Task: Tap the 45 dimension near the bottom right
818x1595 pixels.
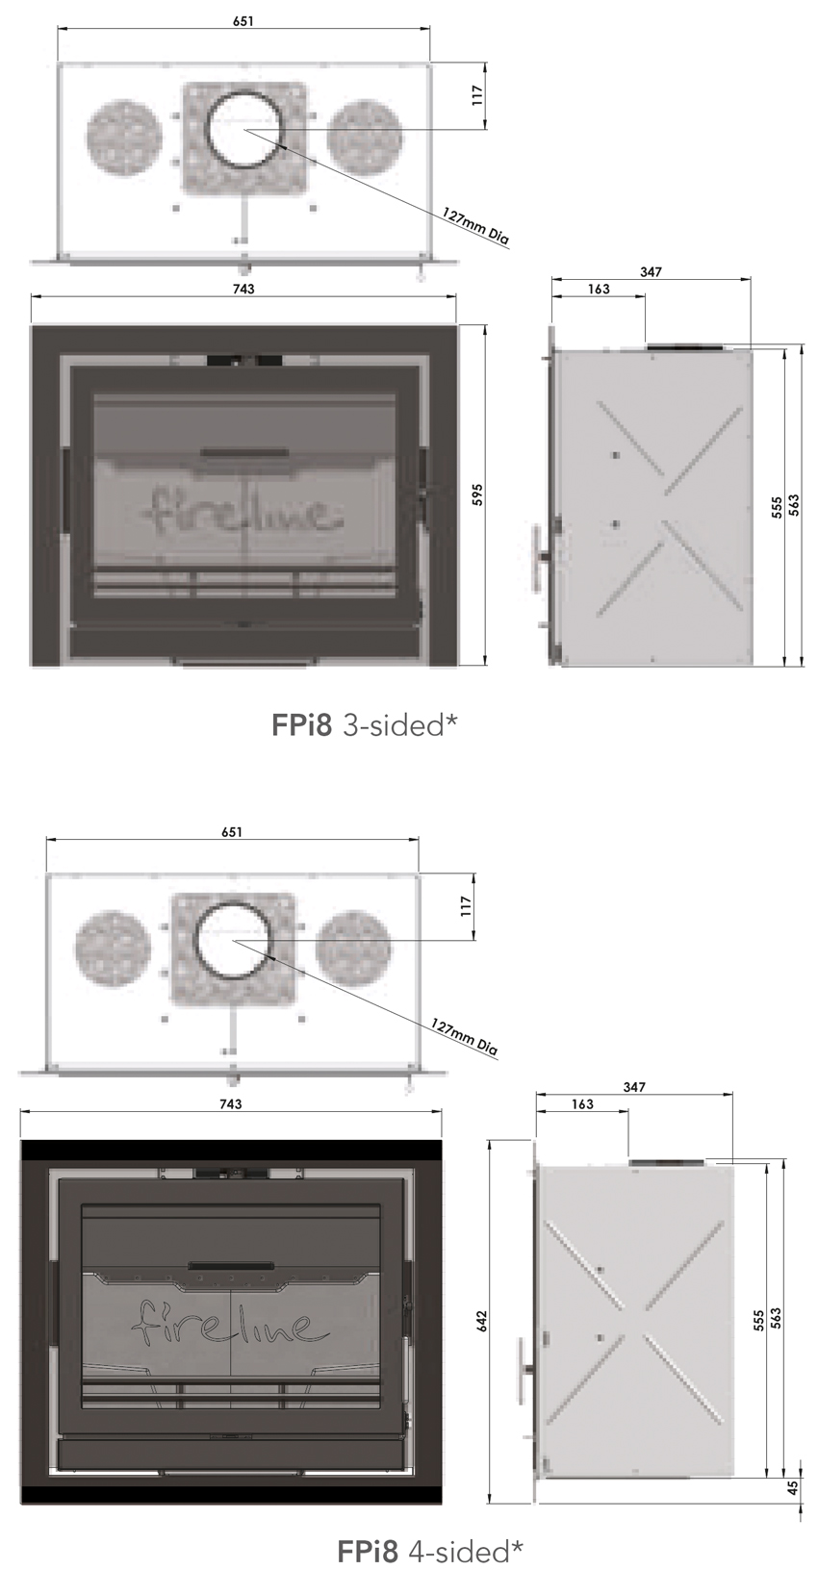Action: [x=792, y=1486]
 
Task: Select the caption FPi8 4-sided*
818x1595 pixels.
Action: [x=430, y=1551]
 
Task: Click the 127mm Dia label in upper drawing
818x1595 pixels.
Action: [x=474, y=226]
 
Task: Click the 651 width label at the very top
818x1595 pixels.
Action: [x=243, y=21]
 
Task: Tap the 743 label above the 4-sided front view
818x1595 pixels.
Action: [x=231, y=1103]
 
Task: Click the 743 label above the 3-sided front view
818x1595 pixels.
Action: [x=243, y=289]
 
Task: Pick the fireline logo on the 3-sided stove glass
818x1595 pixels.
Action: [x=243, y=510]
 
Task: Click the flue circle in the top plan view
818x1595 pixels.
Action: [x=244, y=129]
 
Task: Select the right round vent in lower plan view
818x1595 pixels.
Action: [x=353, y=947]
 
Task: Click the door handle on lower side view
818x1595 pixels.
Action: [x=523, y=1371]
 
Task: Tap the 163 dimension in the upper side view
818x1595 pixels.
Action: [x=598, y=289]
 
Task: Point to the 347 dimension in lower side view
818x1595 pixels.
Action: [x=634, y=1087]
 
